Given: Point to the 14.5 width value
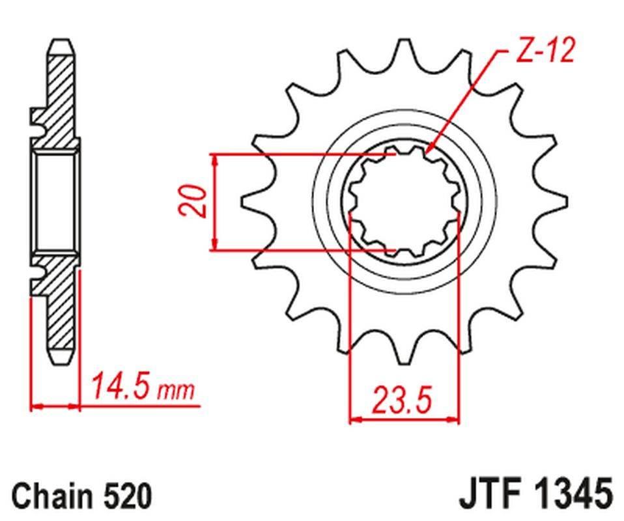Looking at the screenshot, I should tap(122, 387).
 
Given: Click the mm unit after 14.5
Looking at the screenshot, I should tap(177, 391).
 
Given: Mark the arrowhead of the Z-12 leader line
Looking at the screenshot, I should tap(431, 149).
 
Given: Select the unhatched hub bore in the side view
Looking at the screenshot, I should tap(55, 201).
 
